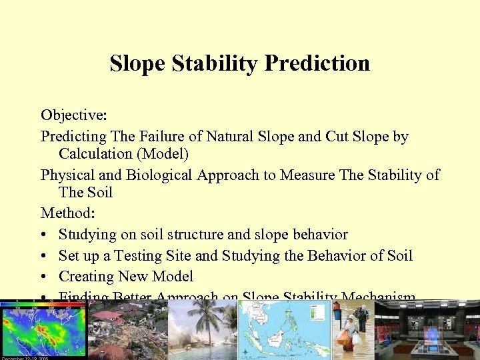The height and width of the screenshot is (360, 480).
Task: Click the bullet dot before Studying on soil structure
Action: [44, 235]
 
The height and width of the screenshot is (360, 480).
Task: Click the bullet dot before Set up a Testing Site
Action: [44, 256]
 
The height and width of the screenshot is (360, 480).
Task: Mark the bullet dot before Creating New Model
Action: [44, 277]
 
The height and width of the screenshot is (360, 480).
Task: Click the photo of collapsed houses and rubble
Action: [127, 330]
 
